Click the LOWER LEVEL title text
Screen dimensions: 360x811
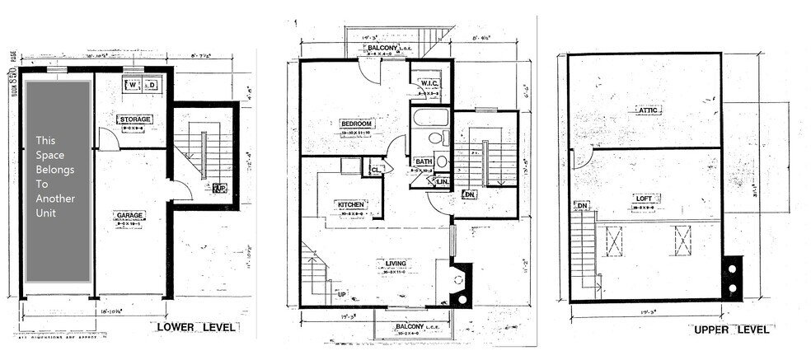pyautogui.click(x=197, y=328)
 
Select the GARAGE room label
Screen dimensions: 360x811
pyautogui.click(x=130, y=215)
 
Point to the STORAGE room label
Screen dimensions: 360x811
pyautogui.click(x=134, y=119)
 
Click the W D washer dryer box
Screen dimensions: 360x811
pyautogui.click(x=142, y=84)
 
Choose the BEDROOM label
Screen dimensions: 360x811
pyautogui.click(x=357, y=124)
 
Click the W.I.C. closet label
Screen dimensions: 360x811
pyautogui.click(x=429, y=83)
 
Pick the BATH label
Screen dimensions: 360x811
pyautogui.click(x=424, y=161)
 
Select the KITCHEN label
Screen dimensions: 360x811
pyautogui.click(x=351, y=204)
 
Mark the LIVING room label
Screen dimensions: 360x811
pyautogui.click(x=396, y=264)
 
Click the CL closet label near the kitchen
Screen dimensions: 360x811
pyautogui.click(x=376, y=169)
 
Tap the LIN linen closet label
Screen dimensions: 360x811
pyautogui.click(x=442, y=180)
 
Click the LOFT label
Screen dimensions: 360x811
pyautogui.click(x=645, y=198)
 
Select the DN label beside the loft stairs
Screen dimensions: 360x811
pyautogui.click(x=582, y=205)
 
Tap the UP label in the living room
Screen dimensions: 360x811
pyautogui.click(x=341, y=293)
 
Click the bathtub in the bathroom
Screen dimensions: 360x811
pyautogui.click(x=430, y=117)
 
